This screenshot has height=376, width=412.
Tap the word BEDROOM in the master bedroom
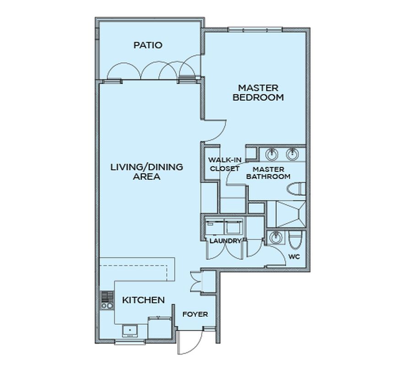pos(258,97)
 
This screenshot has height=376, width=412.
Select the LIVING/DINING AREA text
pos(146,172)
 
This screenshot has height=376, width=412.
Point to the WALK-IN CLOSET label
pos(225,164)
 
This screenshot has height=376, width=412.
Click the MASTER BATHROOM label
pos(268,173)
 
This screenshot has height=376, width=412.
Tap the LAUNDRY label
pos(225,241)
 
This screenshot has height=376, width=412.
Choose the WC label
pos(294,257)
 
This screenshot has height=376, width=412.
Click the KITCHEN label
pos(143,300)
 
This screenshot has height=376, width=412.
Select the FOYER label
pos(195,314)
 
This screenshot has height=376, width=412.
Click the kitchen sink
pos(130,331)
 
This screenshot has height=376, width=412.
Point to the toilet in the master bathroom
pos(296,189)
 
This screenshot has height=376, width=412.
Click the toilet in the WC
pos(295,240)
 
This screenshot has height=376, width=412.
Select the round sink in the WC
pos(276,238)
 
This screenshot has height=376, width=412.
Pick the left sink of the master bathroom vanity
pos(271,155)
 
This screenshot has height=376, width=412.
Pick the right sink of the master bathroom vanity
pos(292,155)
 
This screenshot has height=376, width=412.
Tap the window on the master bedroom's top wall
pos(255,30)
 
